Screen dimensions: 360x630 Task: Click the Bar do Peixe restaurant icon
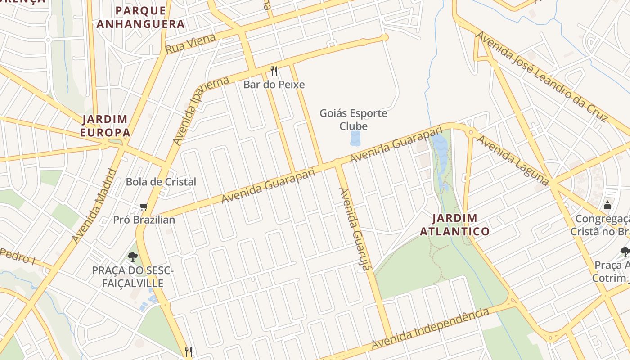(x=274, y=71)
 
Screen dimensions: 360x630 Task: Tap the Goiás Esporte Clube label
(x=353, y=119)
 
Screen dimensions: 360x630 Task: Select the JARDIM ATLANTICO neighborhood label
(x=454, y=225)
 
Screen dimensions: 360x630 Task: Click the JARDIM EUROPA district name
(x=105, y=126)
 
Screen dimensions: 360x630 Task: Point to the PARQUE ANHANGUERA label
(x=140, y=17)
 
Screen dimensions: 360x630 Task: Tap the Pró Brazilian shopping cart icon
(x=144, y=207)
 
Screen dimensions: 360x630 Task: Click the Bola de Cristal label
(x=161, y=182)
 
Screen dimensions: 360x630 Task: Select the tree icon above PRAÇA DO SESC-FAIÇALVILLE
(x=132, y=256)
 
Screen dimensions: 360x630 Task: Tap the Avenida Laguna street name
(x=513, y=160)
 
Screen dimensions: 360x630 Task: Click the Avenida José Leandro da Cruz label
(x=542, y=76)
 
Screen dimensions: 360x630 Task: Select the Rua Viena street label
(x=190, y=44)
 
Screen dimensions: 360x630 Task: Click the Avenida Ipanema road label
(x=201, y=111)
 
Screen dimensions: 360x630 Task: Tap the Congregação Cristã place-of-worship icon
(x=607, y=206)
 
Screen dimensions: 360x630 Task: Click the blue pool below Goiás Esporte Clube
(x=355, y=139)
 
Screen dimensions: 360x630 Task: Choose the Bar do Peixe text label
(x=274, y=84)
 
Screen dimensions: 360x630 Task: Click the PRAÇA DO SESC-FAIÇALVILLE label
(x=132, y=277)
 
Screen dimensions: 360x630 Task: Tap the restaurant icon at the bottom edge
(x=189, y=351)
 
